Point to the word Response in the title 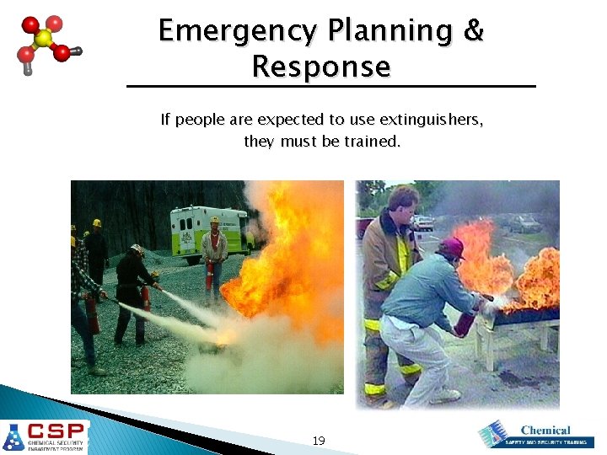[x=321, y=66]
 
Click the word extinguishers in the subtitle [x=430, y=120]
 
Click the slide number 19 [x=319, y=441]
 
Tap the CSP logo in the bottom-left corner [x=45, y=436]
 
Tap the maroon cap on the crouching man [x=452, y=247]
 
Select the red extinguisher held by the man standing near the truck [x=209, y=273]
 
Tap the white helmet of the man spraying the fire [x=137, y=249]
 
